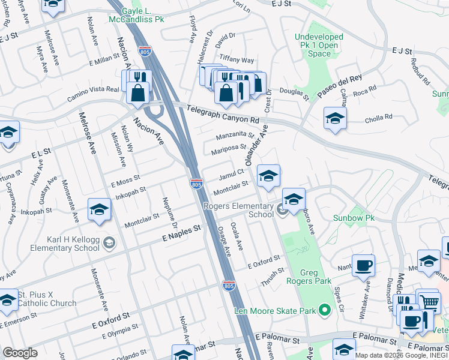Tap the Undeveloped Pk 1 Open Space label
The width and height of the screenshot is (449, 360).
(319, 45)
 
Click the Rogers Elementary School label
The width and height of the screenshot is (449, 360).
(238, 210)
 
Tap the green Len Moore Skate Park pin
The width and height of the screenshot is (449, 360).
(325, 310)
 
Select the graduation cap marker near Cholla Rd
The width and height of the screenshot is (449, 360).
(335, 119)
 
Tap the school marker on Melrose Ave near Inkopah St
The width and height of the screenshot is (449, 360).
(100, 209)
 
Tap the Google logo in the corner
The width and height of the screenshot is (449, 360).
(20, 352)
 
